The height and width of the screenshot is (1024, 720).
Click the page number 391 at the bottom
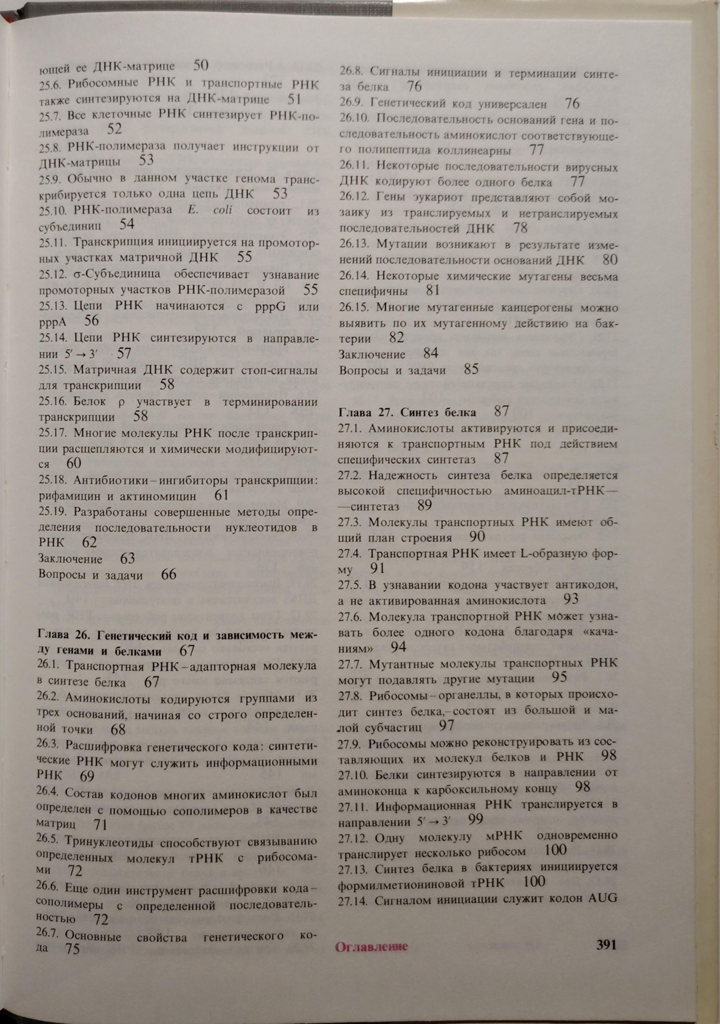606,945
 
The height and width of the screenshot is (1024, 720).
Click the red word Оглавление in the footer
371,947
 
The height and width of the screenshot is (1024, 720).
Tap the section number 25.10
53,210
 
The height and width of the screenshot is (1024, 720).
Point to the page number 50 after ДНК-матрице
201,65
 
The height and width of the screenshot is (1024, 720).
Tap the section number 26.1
49,666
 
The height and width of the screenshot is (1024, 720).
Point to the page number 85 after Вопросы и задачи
471,369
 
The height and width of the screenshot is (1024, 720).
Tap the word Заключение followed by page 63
70,559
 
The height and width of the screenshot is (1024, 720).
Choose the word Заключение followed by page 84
372,354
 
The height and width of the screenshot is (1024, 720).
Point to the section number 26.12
353,198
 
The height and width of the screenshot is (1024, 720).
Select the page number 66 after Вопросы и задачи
168,574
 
